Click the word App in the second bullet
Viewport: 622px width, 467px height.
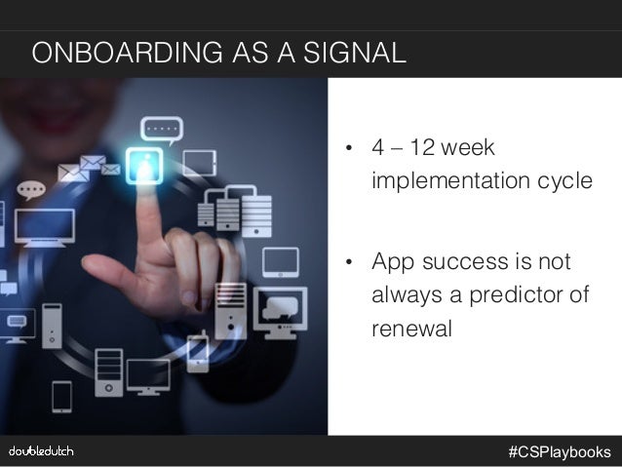[x=391, y=263]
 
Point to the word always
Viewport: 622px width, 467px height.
[x=403, y=295]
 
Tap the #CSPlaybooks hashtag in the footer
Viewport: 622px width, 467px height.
[x=559, y=451]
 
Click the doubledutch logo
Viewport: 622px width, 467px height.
[x=41, y=450]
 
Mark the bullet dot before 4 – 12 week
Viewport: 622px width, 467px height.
[x=346, y=151]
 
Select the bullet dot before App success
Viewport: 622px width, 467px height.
[x=346, y=264]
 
